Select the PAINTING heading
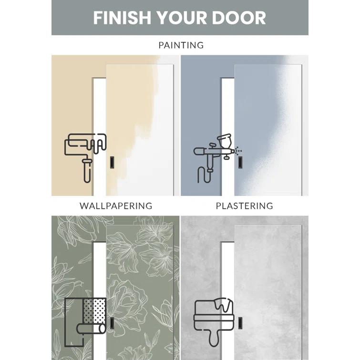181,45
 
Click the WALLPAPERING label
116,206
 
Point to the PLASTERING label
244,206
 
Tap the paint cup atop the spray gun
222,141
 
